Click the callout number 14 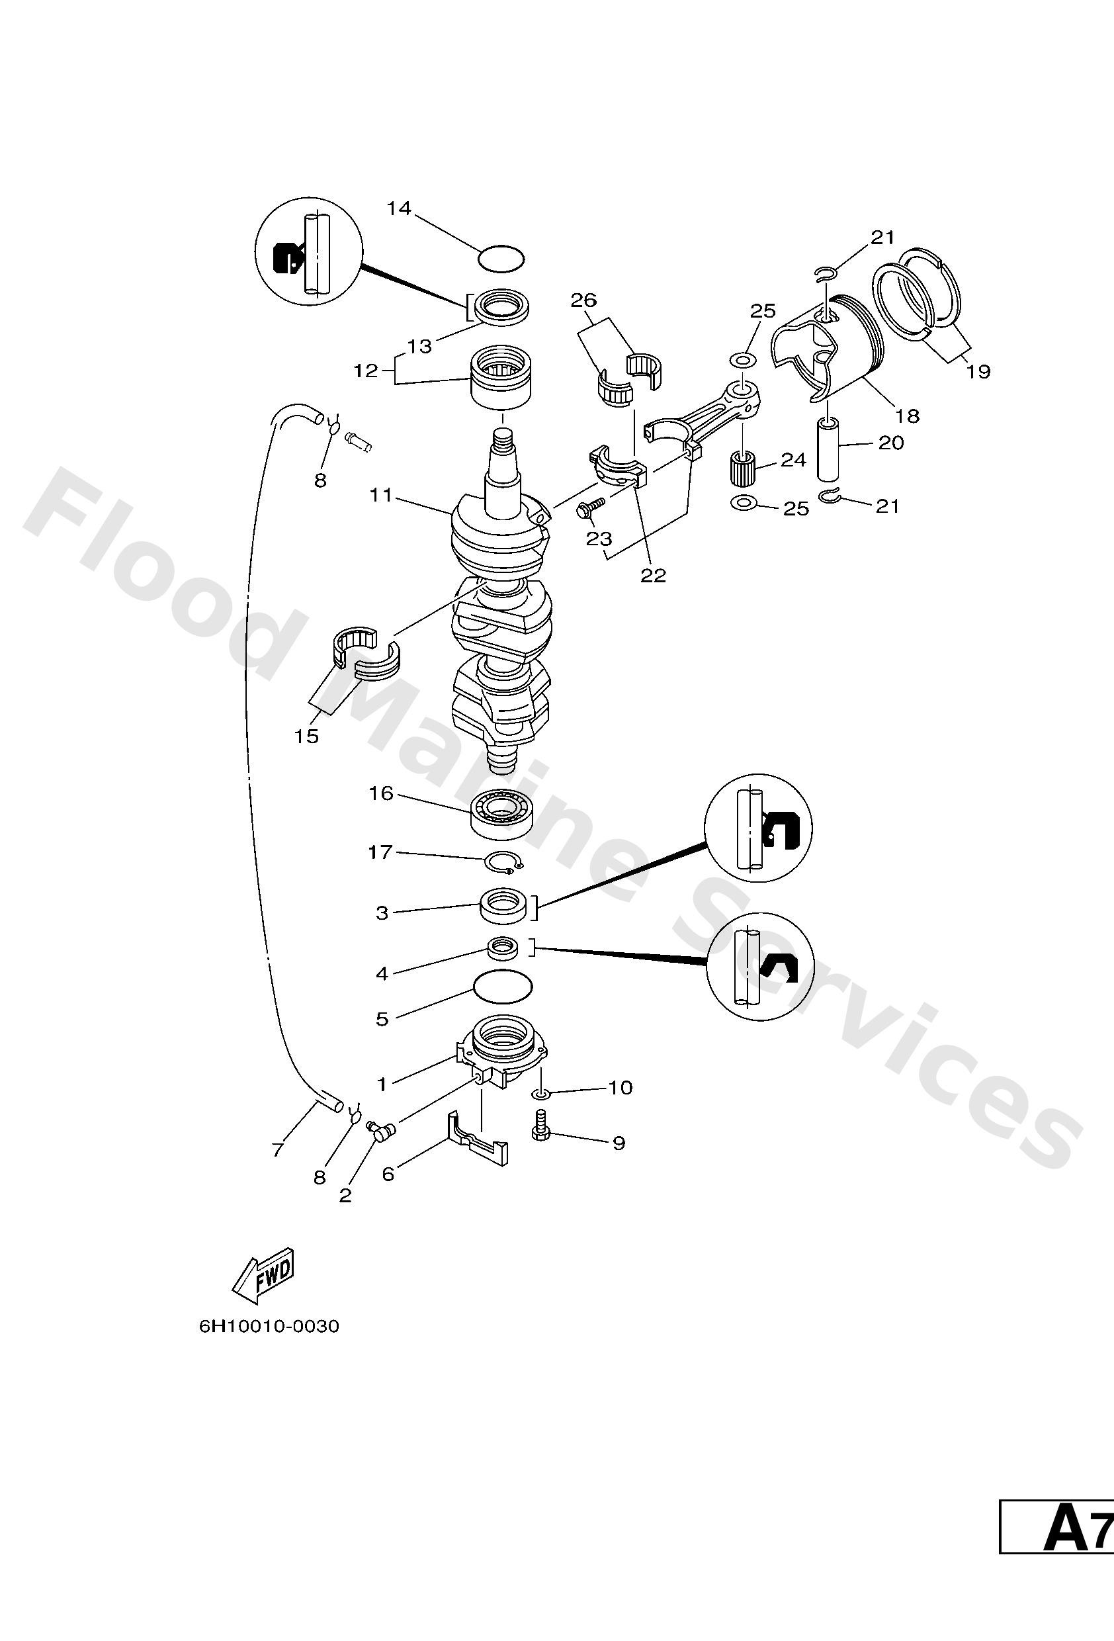coord(399,208)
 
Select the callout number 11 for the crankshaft coord(381,496)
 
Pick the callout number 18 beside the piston coord(908,416)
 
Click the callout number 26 coord(584,300)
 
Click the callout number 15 coord(307,736)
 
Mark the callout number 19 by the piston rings coord(978,371)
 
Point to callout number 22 coord(653,576)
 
